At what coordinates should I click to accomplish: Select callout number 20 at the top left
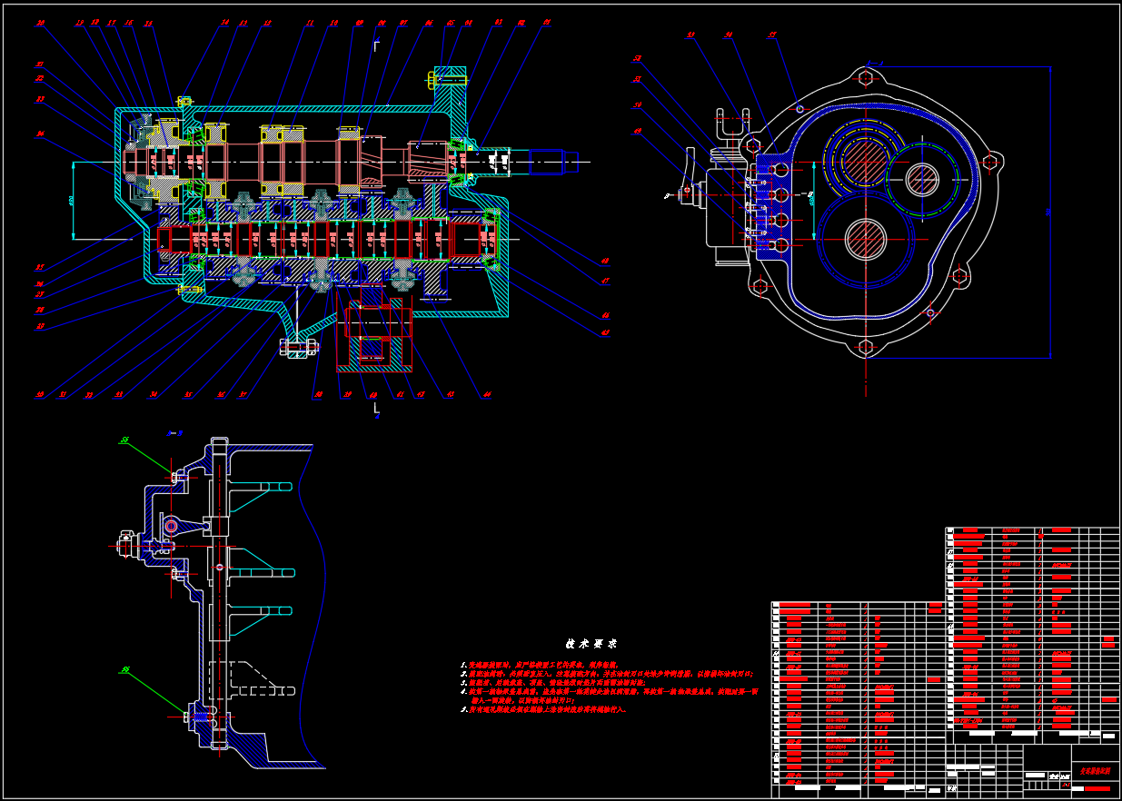[40, 23]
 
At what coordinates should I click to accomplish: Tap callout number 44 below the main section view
[487, 395]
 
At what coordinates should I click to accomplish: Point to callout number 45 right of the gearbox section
[605, 332]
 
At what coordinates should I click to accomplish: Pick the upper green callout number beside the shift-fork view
[124, 440]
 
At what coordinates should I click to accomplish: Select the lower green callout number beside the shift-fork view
[125, 670]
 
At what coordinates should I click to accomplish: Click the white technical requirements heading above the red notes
[591, 644]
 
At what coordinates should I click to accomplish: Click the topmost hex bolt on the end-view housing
[865, 77]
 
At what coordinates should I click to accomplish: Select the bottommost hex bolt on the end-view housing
[865, 347]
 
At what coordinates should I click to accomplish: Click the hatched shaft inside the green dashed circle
[922, 180]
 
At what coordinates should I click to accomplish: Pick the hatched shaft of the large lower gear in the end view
[866, 239]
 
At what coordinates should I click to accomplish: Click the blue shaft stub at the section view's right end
[553, 162]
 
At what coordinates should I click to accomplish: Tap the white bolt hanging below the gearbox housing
[299, 346]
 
